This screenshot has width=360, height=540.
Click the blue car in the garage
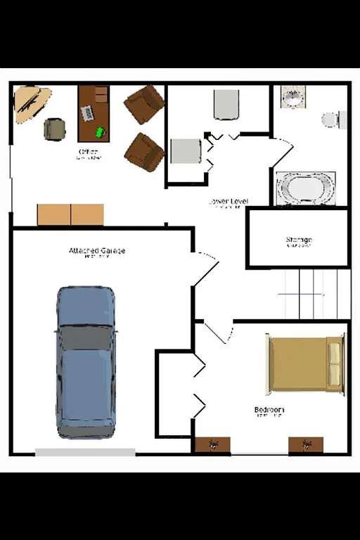(86, 361)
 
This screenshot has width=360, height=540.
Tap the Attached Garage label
(97, 251)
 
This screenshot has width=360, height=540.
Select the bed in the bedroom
(305, 364)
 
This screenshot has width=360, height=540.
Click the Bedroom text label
(269, 410)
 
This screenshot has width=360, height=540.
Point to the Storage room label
(299, 240)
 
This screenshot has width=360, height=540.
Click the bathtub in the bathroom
(305, 188)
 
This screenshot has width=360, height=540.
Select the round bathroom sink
(292, 97)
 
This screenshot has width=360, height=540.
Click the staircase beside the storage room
(315, 293)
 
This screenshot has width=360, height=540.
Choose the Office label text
(89, 152)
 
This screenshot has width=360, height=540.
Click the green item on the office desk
(101, 131)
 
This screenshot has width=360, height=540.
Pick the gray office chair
(55, 129)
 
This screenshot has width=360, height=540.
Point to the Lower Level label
(228, 202)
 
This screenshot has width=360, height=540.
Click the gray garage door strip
(85, 452)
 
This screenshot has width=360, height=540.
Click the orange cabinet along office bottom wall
(70, 214)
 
